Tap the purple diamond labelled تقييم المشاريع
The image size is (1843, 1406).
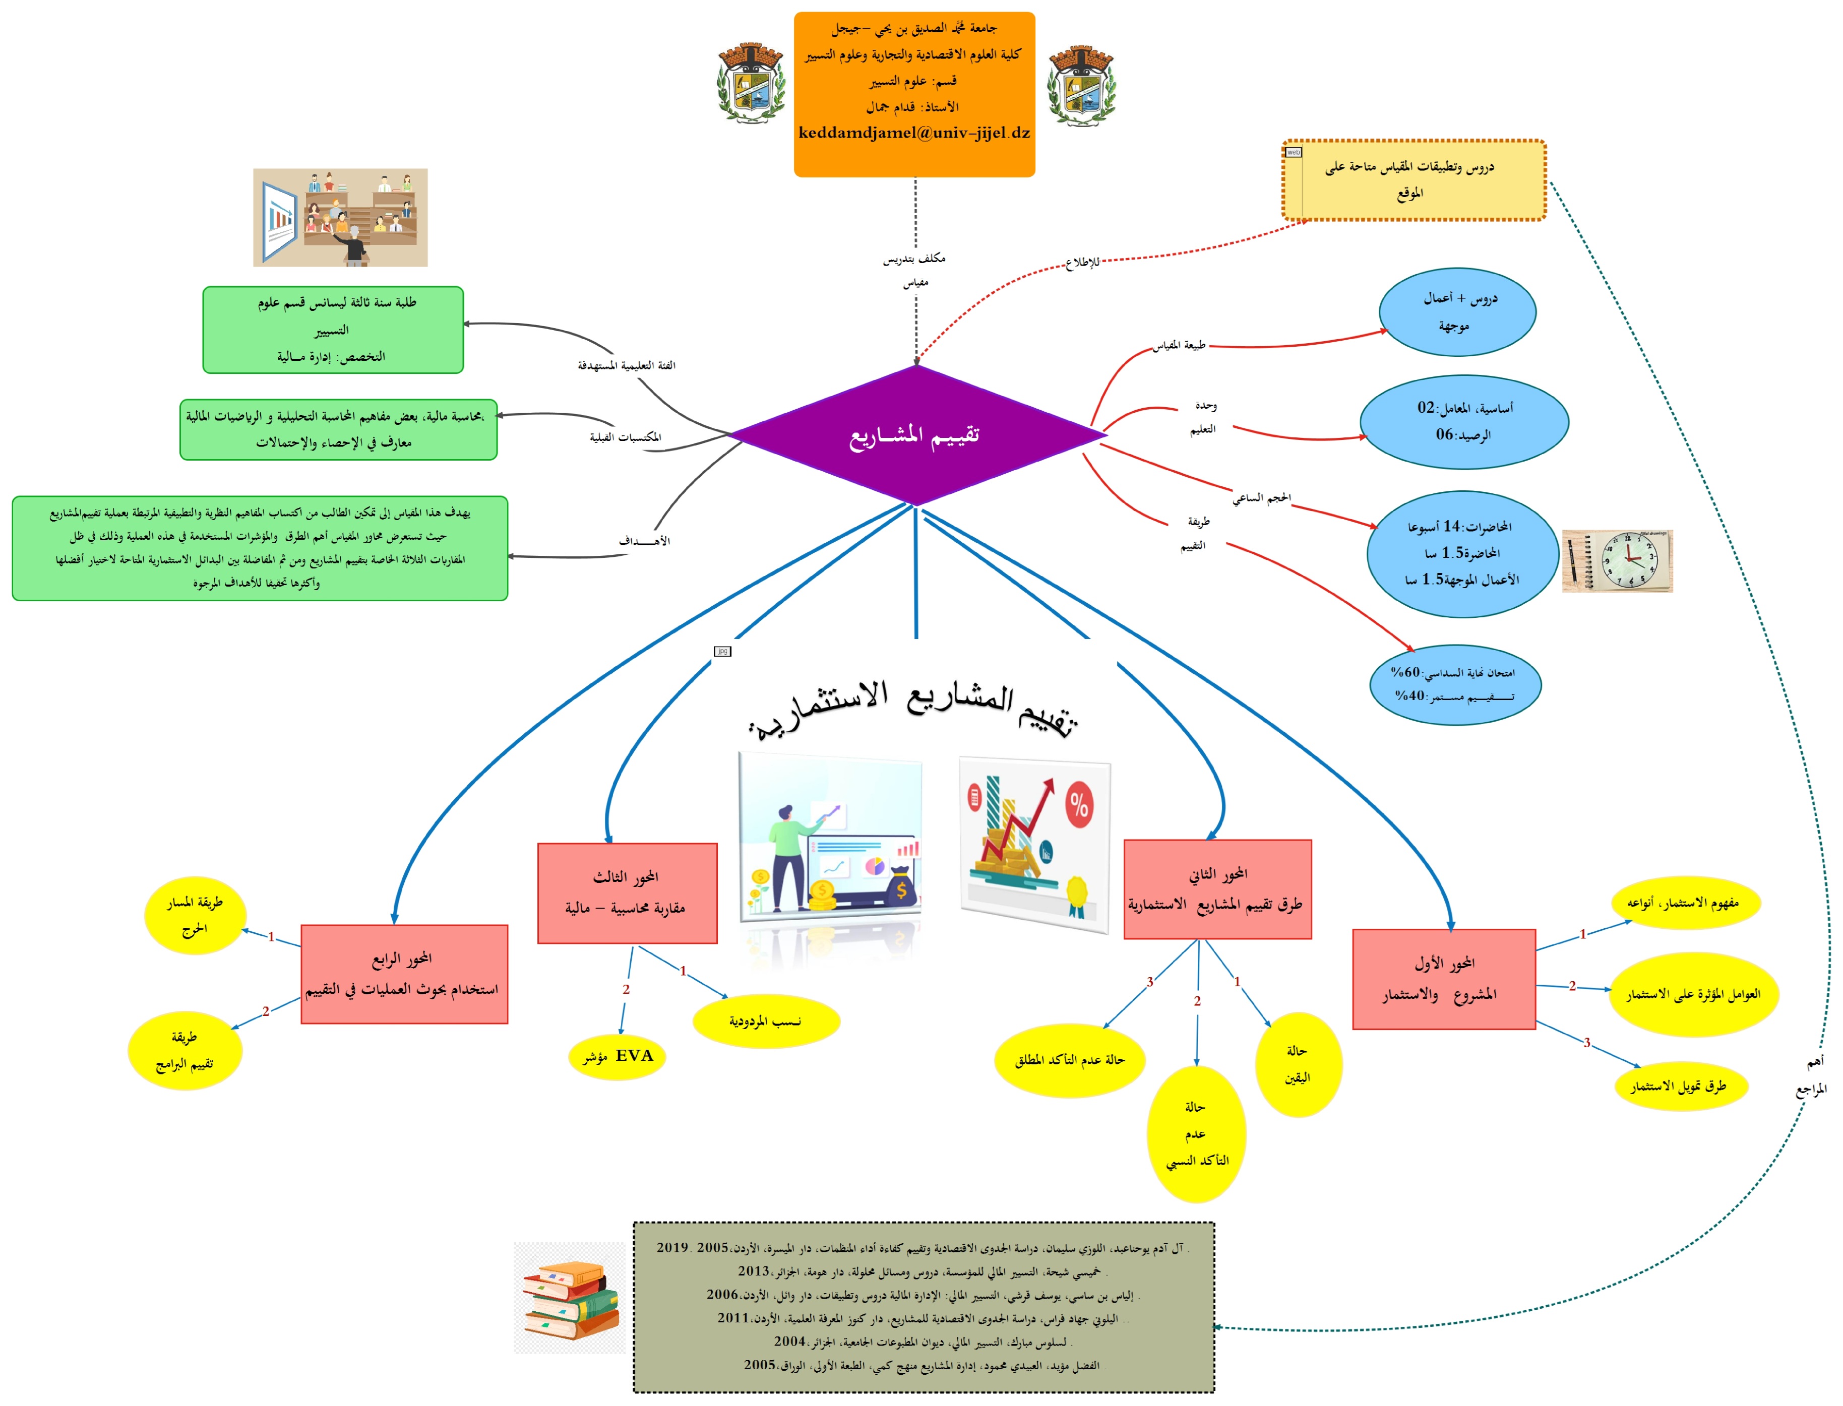tap(916, 435)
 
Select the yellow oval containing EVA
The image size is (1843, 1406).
tap(618, 1056)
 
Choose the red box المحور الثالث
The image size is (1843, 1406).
tap(627, 893)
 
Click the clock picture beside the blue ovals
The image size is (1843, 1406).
tap(1617, 561)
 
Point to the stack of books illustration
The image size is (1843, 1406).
tap(570, 1298)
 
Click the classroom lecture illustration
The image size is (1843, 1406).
tap(340, 218)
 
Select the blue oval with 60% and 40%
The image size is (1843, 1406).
tap(1455, 684)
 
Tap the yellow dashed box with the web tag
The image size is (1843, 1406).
tap(1414, 180)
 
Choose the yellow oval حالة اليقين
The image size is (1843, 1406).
tap(1298, 1064)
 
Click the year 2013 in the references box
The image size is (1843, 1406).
tap(753, 1271)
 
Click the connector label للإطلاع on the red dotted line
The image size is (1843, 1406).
tap(1082, 263)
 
